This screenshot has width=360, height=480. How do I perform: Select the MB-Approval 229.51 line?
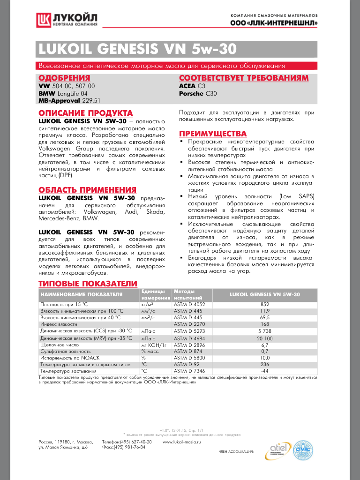tap(69, 100)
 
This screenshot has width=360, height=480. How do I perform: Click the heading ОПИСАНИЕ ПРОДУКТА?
tap(85, 113)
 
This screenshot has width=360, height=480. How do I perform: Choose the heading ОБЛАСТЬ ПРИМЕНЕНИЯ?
tap(87, 190)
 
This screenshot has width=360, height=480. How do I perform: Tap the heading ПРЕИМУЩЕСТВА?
tap(213, 134)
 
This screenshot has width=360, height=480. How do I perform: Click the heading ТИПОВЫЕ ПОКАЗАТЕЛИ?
tap(88, 284)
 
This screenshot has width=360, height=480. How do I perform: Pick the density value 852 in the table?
tap(265, 304)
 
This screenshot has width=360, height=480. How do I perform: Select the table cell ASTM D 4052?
tap(189, 304)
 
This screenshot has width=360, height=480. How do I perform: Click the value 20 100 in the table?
tap(265, 338)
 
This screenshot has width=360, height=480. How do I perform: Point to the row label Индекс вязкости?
tap(59, 324)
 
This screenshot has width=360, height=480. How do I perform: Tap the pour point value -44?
tap(265, 371)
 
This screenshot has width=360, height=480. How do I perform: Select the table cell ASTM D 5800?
tap(189, 358)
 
